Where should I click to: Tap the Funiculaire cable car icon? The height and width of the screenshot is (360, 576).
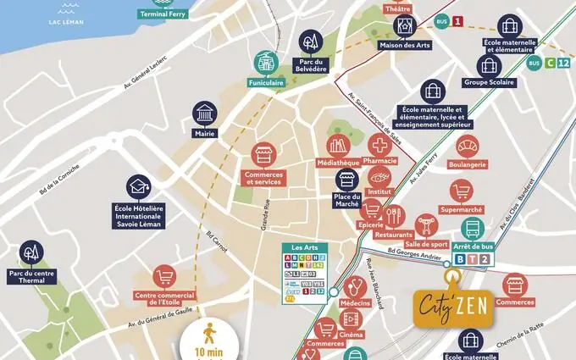pos(266,62)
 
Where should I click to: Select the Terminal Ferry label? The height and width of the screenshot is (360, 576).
pos(163,14)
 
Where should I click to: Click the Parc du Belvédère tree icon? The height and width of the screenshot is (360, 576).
pos(310,41)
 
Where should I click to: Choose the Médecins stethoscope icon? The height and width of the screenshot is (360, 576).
pos(354,283)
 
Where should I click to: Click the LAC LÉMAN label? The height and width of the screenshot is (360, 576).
pos(66,21)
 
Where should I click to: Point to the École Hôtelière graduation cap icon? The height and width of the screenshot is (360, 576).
pos(137,187)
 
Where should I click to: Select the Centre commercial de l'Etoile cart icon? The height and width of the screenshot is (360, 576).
pos(164,278)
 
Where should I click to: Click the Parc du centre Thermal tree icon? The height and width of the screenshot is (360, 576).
pos(32,251)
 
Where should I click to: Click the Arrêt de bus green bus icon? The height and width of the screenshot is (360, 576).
pos(472,229)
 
